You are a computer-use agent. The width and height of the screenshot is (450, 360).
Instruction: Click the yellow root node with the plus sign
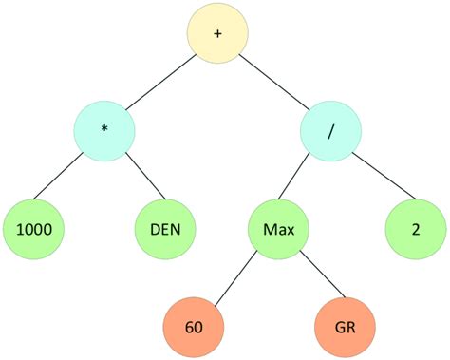(x=217, y=34)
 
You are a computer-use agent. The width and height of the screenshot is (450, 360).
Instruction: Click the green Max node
(x=277, y=229)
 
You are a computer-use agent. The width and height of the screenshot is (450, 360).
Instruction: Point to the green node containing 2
(x=415, y=229)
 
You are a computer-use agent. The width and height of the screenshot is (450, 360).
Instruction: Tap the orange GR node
(x=346, y=326)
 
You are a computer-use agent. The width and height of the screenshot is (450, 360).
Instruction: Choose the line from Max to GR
(x=311, y=277)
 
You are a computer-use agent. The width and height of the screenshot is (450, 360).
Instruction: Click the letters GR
(x=346, y=326)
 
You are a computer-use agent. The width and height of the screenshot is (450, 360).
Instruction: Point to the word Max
(x=277, y=229)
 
